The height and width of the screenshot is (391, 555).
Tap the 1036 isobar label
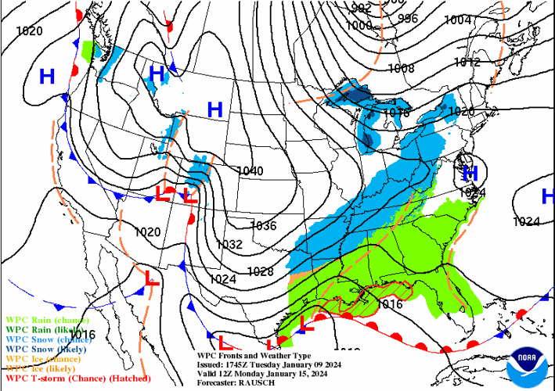[263, 226]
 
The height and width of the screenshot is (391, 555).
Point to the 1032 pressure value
[229, 244]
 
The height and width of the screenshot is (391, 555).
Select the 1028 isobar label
[260, 271]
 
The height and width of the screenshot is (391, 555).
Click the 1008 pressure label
[401, 68]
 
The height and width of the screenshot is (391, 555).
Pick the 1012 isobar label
[467, 62]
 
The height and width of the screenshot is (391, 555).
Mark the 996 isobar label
[408, 18]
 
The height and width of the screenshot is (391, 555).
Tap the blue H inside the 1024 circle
[470, 173]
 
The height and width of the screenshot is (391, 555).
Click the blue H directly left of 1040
[214, 109]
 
